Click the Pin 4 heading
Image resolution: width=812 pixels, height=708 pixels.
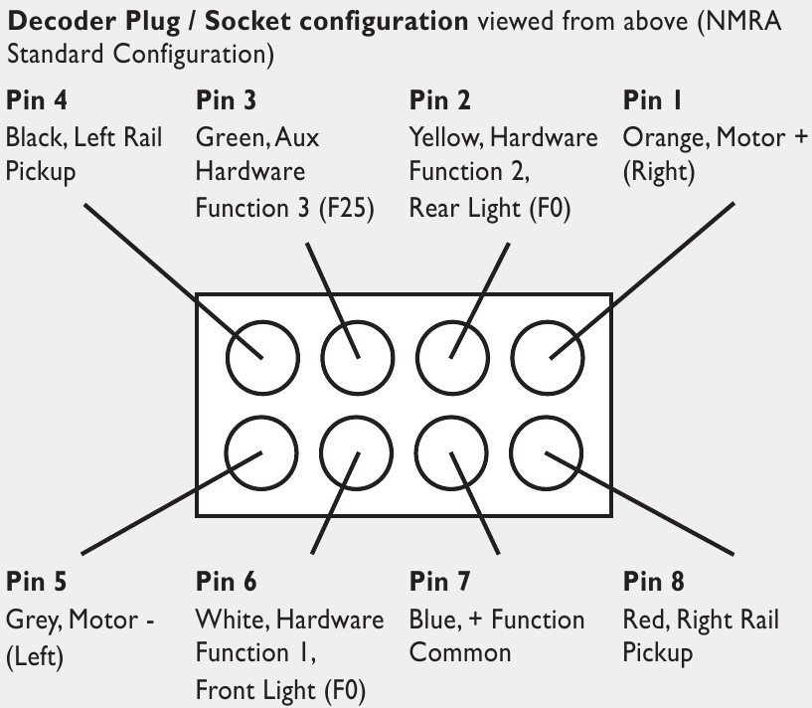click(x=36, y=100)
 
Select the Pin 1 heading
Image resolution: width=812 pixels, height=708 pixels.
click(x=652, y=100)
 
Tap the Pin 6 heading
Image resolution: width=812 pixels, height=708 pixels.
click(x=226, y=581)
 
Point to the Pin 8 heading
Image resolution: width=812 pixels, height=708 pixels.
click(x=653, y=581)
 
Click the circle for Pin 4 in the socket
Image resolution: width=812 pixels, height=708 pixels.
click(x=228, y=358)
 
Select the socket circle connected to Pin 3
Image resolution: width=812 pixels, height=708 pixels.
click(x=323, y=358)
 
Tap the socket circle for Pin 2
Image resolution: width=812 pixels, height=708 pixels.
click(x=417, y=358)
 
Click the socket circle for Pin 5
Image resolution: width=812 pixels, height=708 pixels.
click(x=228, y=453)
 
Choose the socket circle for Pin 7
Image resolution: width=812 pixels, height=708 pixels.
click(x=416, y=453)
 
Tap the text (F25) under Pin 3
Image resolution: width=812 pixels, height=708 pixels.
click(x=347, y=209)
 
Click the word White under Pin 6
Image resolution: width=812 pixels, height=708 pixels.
click(x=233, y=619)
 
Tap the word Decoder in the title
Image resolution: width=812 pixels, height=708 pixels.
click(x=62, y=22)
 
